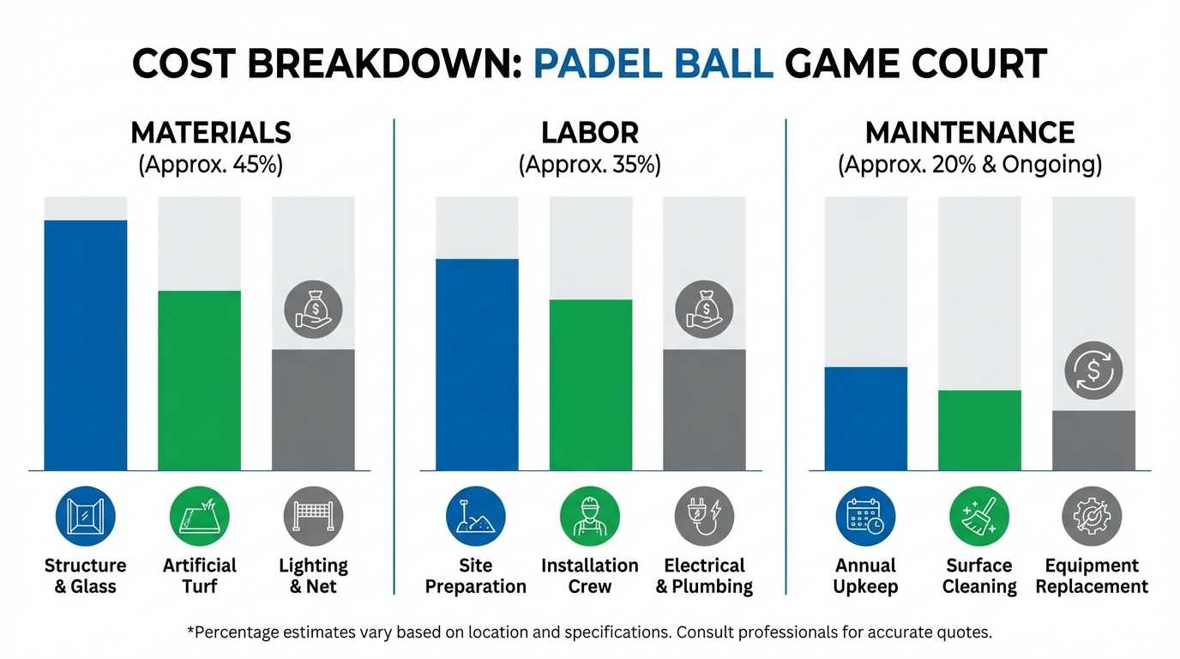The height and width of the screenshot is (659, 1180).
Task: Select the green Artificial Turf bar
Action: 199,380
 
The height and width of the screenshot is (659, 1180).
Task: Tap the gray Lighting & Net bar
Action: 313,409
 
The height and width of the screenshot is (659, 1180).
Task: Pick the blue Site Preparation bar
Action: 477,364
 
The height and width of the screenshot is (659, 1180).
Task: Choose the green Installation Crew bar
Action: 590,384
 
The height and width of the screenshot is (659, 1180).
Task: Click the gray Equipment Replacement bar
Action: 1093,440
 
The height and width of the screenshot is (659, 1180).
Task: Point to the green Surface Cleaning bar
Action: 979,430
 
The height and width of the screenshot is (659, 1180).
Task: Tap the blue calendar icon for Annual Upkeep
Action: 865,517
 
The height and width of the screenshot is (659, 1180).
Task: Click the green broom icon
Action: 979,517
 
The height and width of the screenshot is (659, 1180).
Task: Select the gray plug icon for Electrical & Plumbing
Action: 704,517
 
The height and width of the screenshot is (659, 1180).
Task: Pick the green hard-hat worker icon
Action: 590,517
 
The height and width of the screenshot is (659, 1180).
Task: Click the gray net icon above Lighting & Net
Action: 313,517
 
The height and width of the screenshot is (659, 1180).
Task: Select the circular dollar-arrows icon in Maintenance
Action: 1093,372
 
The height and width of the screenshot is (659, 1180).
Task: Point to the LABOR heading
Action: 590,133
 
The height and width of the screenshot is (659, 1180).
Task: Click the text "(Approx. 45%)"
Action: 210,164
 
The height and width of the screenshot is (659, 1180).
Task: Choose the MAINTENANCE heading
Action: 970,133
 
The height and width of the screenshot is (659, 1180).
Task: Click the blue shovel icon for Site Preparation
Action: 476,517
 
